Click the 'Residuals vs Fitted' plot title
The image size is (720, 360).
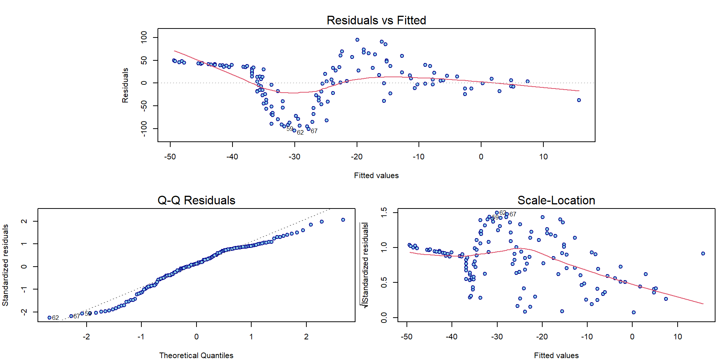click(x=376, y=20)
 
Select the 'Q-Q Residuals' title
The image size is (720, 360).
click(x=196, y=200)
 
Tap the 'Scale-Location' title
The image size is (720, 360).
click(x=556, y=200)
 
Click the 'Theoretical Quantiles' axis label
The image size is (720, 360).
click(x=196, y=355)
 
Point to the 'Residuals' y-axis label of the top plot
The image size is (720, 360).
click(x=125, y=85)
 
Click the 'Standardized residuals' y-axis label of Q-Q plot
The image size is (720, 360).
click(x=5, y=265)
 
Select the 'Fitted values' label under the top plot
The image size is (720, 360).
click(x=376, y=175)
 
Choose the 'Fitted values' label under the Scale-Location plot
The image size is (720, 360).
click(x=556, y=355)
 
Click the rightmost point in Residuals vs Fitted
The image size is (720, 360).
click(x=579, y=100)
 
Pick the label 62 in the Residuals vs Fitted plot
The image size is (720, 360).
click(x=300, y=133)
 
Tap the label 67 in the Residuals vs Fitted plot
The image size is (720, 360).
click(x=314, y=131)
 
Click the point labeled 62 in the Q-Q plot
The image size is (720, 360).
click(x=49, y=318)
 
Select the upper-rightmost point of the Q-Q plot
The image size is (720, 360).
click(x=343, y=220)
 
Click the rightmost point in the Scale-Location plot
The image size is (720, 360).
click(x=703, y=253)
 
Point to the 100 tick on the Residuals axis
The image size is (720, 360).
click(x=144, y=37)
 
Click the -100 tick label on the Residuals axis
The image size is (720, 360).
click(x=144, y=129)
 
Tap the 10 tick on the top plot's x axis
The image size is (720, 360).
click(x=543, y=157)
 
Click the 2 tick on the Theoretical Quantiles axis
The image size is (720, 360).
click(x=306, y=337)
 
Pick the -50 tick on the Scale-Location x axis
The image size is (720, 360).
click(x=406, y=337)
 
